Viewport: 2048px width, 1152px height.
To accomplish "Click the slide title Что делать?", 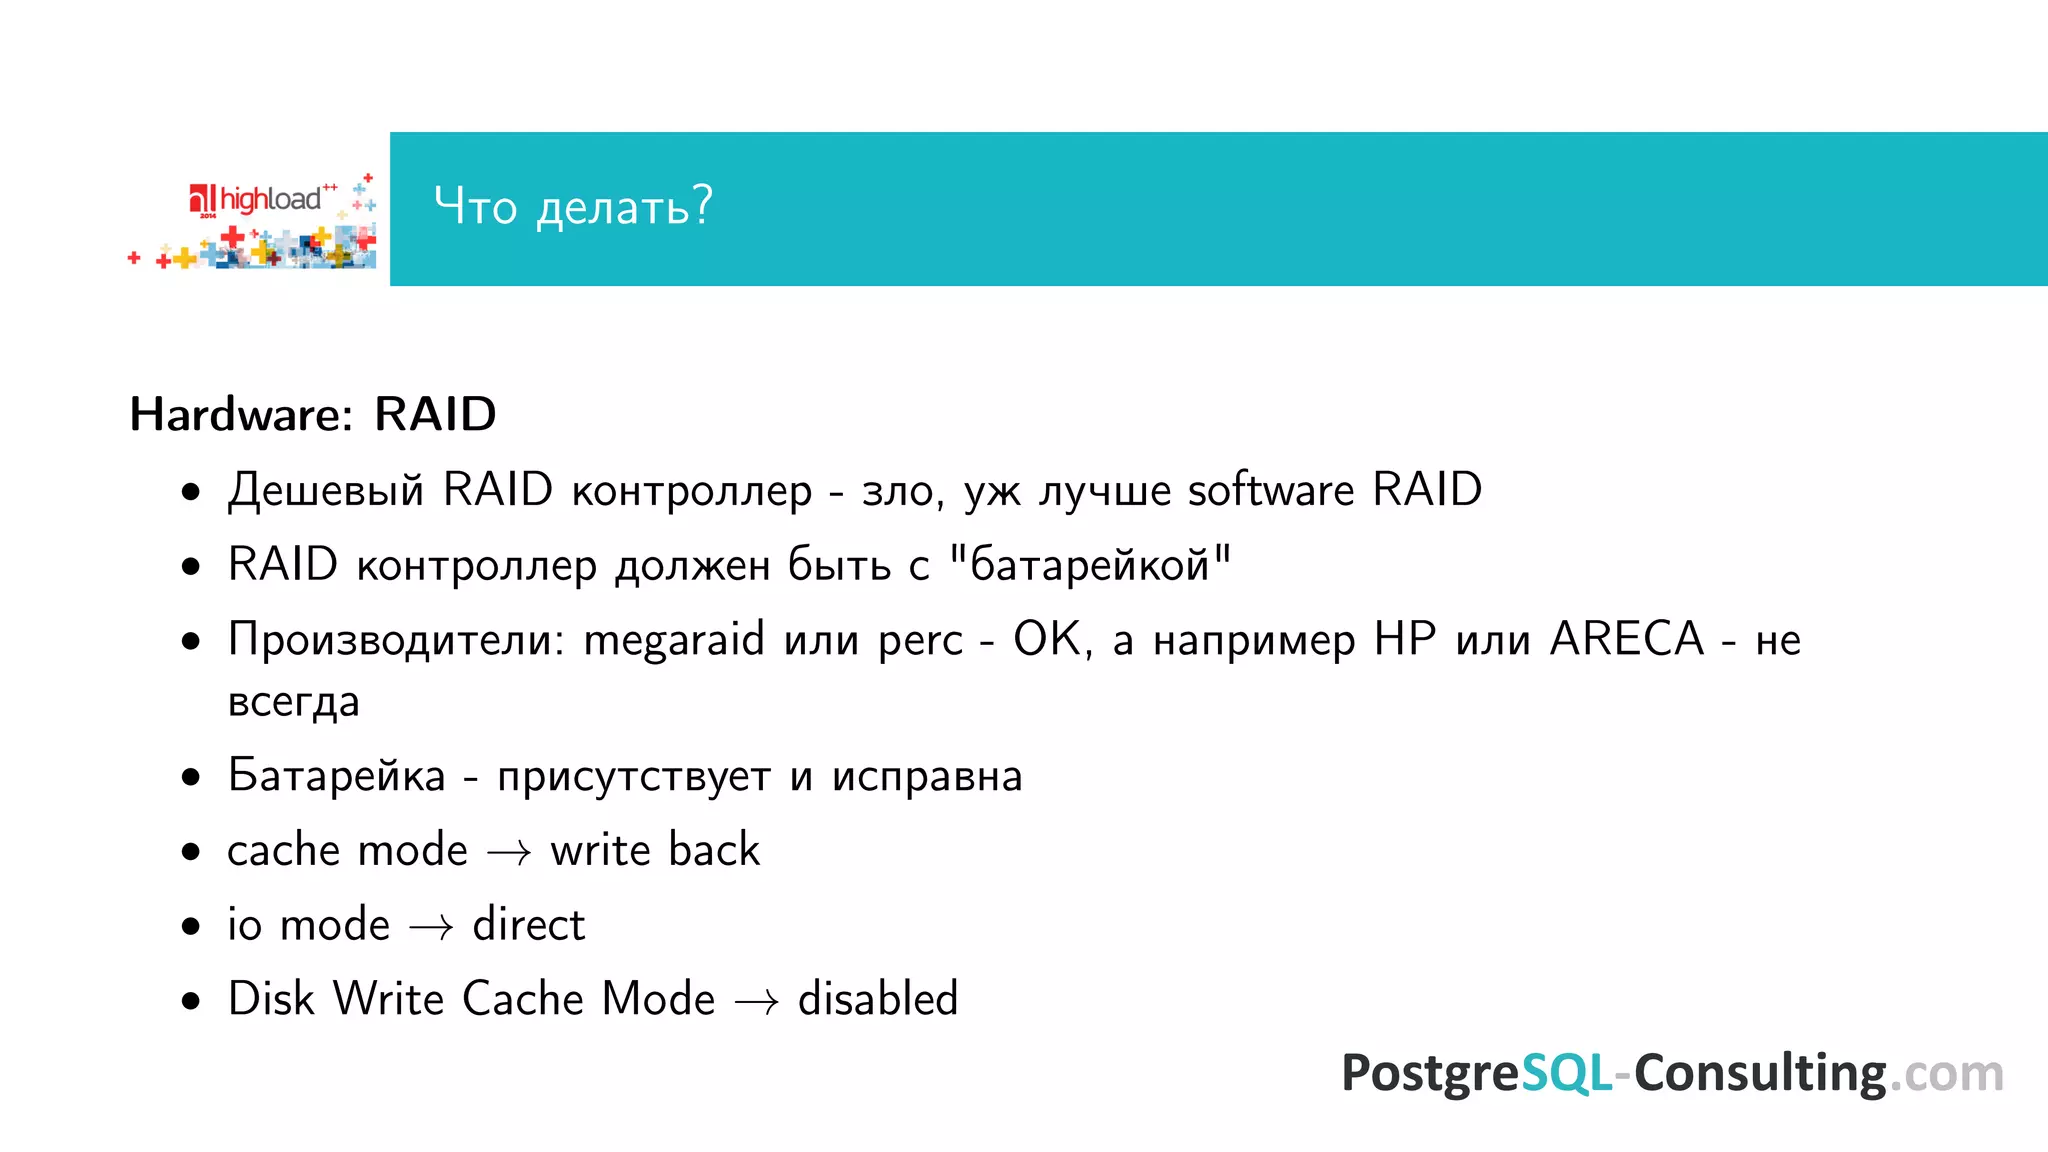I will click(x=573, y=206).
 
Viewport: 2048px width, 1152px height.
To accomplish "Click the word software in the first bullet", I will click(x=1270, y=490).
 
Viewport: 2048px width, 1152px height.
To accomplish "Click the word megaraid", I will click(x=674, y=640).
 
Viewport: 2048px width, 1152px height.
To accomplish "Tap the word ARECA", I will click(x=1627, y=639).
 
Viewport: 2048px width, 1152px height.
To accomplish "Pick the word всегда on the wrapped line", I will click(x=293, y=702).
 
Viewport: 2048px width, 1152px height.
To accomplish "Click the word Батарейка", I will click(x=336, y=776).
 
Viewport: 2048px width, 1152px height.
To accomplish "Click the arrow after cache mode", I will click(x=509, y=852).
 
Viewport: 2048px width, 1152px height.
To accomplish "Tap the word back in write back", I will click(x=714, y=850).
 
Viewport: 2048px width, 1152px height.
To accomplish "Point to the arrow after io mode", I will click(x=431, y=927).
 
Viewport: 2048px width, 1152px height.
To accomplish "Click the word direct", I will click(x=528, y=924).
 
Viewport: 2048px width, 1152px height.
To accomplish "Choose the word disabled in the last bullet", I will click(x=878, y=999).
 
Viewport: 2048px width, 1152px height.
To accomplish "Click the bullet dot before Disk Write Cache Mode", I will click(x=191, y=1001).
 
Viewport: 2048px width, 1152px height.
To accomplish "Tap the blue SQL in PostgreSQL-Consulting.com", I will click(x=1566, y=1073).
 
